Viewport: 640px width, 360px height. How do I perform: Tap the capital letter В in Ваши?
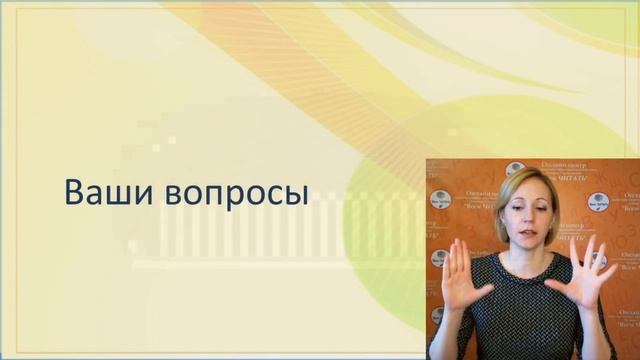tap(73, 191)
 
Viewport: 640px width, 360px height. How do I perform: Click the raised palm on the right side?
tap(590, 280)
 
